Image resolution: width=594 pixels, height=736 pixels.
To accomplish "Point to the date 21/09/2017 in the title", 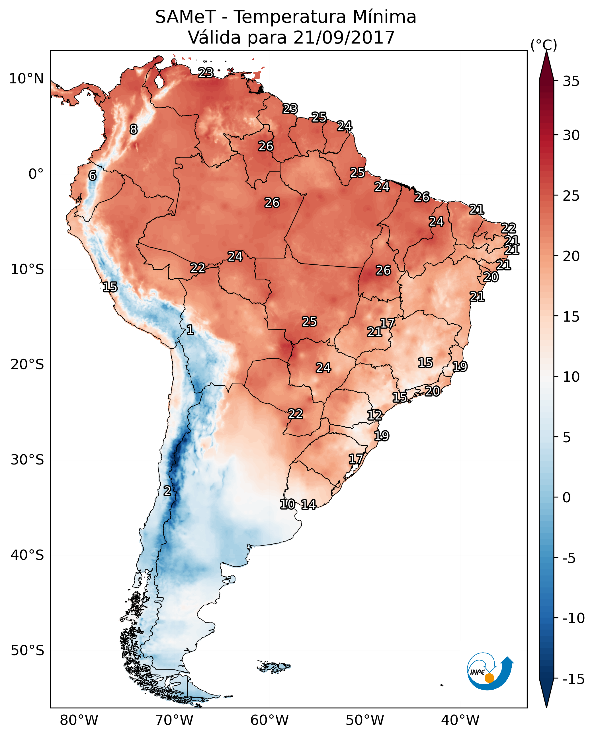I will (x=344, y=37).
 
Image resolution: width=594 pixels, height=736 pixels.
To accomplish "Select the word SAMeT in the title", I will (x=185, y=17).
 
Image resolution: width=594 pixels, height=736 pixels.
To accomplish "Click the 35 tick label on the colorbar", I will (x=571, y=81).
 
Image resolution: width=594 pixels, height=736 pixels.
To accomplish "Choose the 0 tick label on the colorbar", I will (x=567, y=497).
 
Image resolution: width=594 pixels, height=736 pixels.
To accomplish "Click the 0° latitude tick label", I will (x=36, y=174).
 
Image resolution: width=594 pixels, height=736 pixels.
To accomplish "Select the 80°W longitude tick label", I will (x=79, y=721).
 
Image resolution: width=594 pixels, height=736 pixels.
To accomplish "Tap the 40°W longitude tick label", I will (x=460, y=721).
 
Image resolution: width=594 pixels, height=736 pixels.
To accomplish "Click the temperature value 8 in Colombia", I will (x=134, y=129).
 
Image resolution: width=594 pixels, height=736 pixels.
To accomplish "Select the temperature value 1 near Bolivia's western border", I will (x=190, y=330).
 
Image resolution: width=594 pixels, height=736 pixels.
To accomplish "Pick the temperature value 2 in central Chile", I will (x=167, y=491).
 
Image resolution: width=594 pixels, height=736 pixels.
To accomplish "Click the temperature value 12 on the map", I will (x=375, y=415).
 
